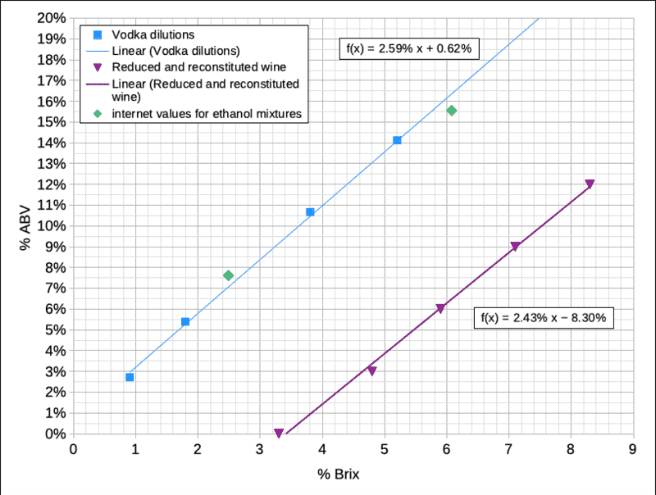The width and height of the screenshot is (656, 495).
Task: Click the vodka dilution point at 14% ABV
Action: click(397, 140)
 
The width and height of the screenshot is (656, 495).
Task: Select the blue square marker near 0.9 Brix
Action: click(130, 377)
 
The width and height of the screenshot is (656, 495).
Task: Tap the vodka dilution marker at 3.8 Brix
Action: click(310, 212)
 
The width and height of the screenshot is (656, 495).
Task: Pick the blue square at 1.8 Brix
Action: click(185, 321)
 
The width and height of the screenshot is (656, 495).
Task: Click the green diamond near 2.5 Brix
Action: click(228, 275)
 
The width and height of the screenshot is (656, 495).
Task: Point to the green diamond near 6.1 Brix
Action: click(452, 111)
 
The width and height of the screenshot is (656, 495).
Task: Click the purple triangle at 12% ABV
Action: click(590, 184)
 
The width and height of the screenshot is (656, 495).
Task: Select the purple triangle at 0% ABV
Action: click(279, 433)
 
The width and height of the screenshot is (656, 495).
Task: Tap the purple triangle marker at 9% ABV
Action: click(515, 247)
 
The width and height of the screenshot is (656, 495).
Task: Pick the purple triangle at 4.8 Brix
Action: click(371, 371)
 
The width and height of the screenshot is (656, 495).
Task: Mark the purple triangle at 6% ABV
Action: click(440, 309)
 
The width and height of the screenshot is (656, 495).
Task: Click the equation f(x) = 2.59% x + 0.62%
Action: click(405, 49)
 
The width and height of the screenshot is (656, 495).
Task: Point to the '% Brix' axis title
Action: click(339, 474)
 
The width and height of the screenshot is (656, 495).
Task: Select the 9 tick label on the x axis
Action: click(632, 449)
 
